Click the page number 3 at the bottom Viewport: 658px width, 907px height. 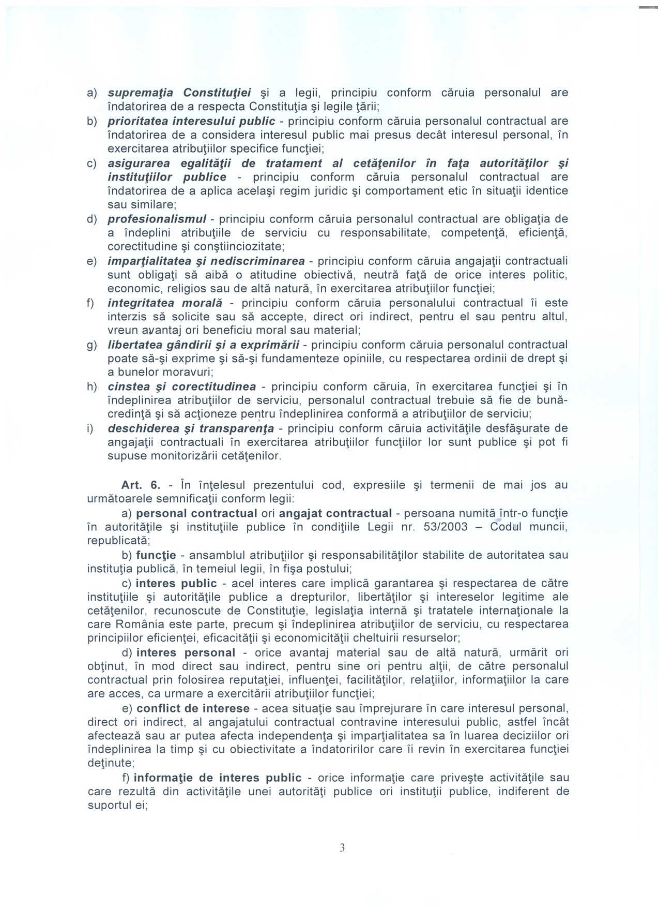(x=342, y=847)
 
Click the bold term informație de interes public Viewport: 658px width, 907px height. (x=218, y=778)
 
